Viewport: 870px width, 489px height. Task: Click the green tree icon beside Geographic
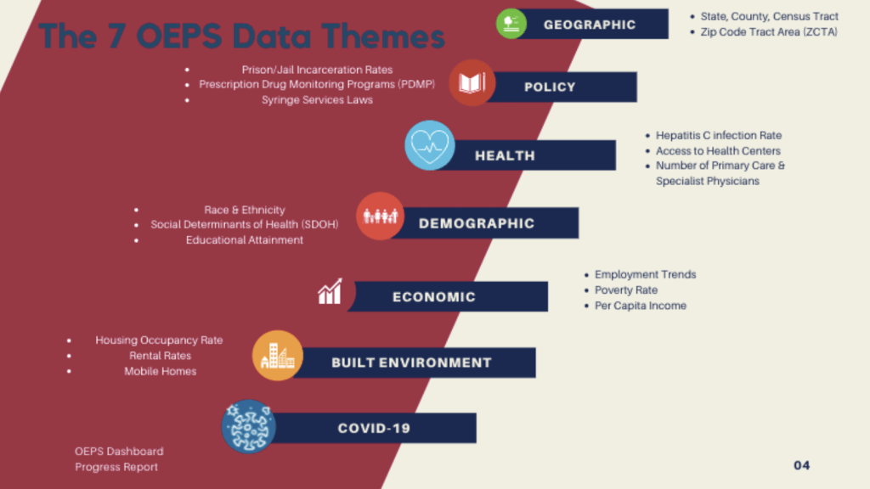click(511, 23)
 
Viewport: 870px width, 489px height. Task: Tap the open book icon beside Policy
click(472, 83)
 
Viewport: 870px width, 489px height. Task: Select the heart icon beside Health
click(429, 145)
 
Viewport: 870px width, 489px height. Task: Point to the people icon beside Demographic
click(380, 216)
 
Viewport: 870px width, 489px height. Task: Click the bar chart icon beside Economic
click(329, 293)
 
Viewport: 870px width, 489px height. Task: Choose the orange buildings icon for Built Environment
click(278, 356)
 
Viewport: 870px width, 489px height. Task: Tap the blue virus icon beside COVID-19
click(248, 426)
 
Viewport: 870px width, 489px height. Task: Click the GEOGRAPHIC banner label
click(590, 25)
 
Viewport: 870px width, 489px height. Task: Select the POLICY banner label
click(550, 87)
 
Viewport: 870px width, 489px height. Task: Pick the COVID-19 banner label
click(374, 428)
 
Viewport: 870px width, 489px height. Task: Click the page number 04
click(802, 465)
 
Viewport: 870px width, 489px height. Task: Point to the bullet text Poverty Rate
click(626, 290)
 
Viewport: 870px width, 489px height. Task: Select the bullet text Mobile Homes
click(161, 371)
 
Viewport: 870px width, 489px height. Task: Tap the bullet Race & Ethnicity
click(245, 210)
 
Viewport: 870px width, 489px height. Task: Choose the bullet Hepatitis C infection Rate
click(719, 136)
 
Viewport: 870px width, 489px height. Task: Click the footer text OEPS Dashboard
click(119, 451)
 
